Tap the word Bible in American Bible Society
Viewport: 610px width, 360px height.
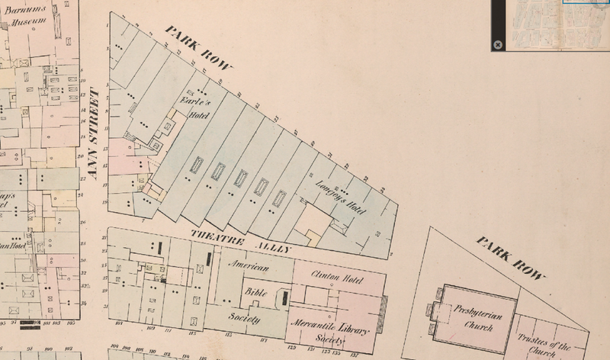coord(254,292)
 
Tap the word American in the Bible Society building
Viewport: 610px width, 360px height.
coord(251,267)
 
